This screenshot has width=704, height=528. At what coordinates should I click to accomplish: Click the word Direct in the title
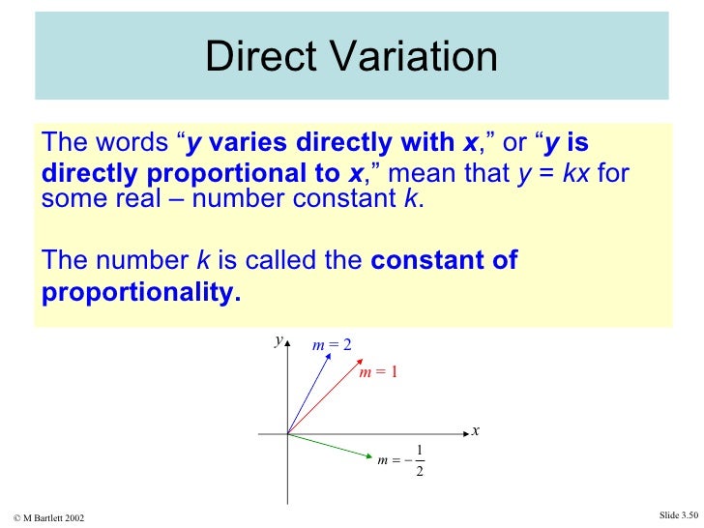pyautogui.click(x=255, y=57)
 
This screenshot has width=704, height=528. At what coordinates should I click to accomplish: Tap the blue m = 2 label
pyautogui.click(x=332, y=344)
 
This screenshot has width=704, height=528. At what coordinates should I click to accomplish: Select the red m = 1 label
pyautogui.click(x=378, y=372)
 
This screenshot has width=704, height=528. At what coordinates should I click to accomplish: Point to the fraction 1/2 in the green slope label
pyautogui.click(x=418, y=461)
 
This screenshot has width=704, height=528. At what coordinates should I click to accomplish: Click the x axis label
pyautogui.click(x=476, y=431)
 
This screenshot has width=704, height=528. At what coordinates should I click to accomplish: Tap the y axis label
pyautogui.click(x=278, y=340)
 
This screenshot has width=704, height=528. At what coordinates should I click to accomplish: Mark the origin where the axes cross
pyautogui.click(x=287, y=434)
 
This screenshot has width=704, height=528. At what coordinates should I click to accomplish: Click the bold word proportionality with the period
pyautogui.click(x=141, y=293)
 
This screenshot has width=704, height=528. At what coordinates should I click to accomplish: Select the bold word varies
pyautogui.click(x=242, y=143)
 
